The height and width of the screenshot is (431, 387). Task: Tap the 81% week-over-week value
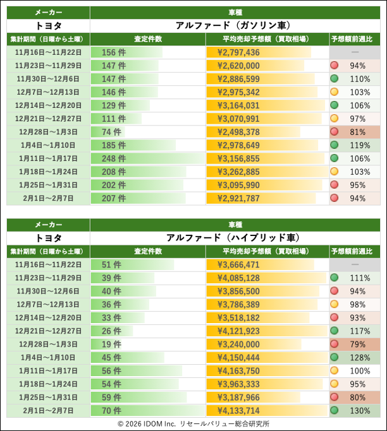[x=358, y=132]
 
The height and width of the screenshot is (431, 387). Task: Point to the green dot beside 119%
[x=335, y=145]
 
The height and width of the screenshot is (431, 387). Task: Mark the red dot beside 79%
[x=335, y=344]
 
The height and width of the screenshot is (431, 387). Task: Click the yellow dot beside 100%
[x=335, y=370]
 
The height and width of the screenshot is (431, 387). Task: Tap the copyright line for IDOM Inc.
[x=193, y=424]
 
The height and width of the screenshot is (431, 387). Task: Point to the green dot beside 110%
[x=335, y=79]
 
